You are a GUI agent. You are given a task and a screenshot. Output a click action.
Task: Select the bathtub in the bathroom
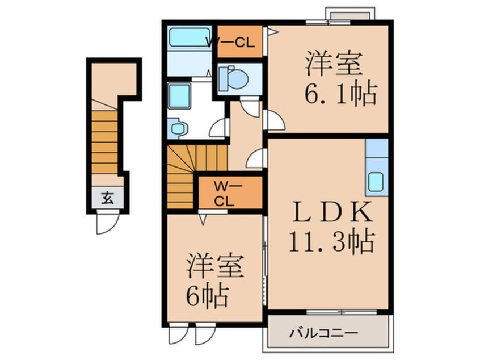tap(190, 37)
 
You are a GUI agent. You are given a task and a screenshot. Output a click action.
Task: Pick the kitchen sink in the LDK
tap(376, 182)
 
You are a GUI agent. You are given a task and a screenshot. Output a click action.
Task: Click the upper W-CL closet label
tap(237, 41)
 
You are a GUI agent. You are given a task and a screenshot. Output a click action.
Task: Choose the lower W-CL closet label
tap(223, 193)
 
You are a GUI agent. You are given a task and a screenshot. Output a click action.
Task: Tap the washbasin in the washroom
tap(178, 129)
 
